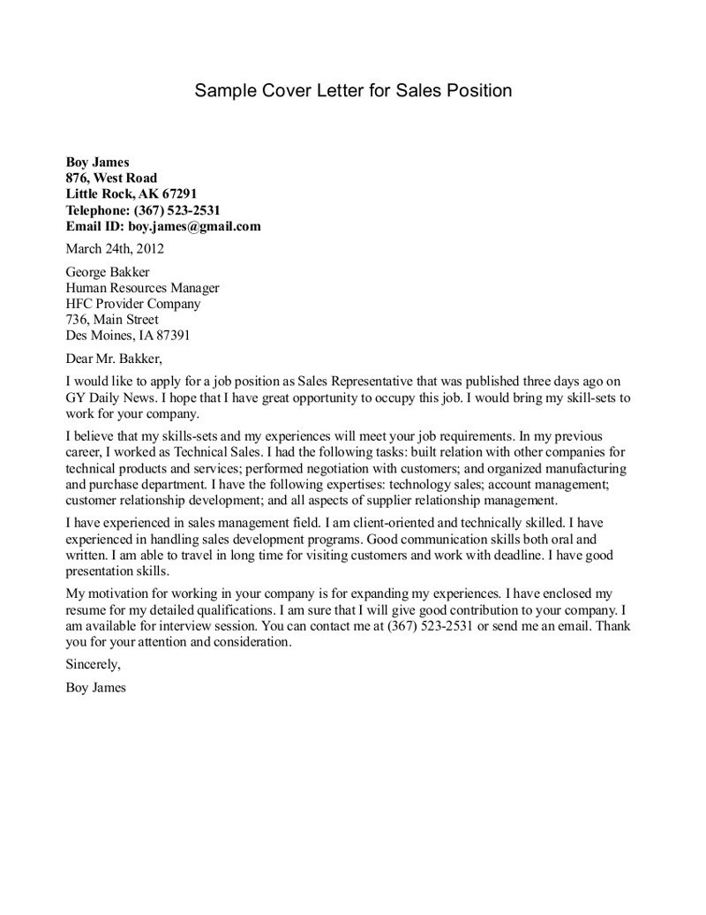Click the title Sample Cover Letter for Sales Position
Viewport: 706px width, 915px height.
353,91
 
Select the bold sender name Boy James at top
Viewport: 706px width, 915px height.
98,162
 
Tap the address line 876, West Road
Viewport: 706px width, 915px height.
112,178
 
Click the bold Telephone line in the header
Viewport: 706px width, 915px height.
143,209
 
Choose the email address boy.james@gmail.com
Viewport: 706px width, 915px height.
198,225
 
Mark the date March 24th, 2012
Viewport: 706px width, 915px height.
115,248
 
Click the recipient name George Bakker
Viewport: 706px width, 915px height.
108,272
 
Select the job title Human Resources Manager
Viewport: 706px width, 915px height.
143,288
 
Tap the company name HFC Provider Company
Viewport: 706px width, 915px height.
133,304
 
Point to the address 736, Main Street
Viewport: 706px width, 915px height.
113,320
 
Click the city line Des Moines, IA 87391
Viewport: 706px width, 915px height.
128,336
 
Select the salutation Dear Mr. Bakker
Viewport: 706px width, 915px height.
115,359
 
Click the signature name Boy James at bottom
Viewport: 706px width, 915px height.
96,686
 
